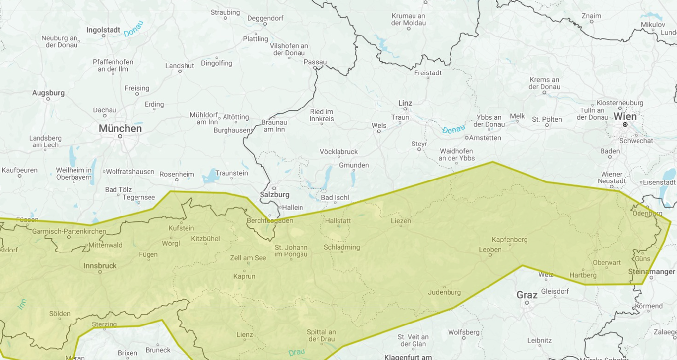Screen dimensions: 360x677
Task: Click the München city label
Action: click(x=120, y=128)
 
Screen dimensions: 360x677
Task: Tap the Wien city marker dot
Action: click(x=625, y=125)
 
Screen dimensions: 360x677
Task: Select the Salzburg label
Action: click(x=274, y=195)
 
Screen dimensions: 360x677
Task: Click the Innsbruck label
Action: click(x=100, y=266)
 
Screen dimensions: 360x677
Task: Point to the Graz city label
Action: click(x=527, y=295)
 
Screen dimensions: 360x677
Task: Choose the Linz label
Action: click(x=405, y=103)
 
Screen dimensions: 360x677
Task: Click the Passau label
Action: click(x=315, y=62)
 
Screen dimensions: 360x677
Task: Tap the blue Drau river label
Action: click(x=297, y=352)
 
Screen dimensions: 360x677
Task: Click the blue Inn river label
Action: click(x=22, y=304)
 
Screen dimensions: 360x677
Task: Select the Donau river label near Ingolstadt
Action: click(x=133, y=29)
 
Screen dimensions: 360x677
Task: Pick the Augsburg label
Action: click(x=48, y=93)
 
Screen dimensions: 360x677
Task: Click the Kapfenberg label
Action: click(x=509, y=240)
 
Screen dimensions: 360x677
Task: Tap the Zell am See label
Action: click(x=248, y=258)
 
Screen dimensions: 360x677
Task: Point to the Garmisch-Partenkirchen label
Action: click(x=69, y=231)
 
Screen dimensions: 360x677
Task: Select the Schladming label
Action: click(x=341, y=247)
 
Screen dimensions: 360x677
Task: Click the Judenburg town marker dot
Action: click(x=444, y=287)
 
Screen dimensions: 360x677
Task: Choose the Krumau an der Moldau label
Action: click(x=408, y=19)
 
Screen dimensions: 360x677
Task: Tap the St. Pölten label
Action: click(x=547, y=119)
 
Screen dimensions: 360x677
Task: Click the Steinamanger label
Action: click(x=651, y=272)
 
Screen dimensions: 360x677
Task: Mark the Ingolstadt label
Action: click(x=103, y=30)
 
